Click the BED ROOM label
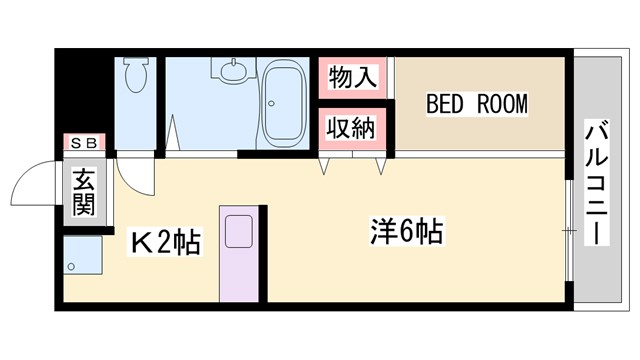click(x=476, y=104)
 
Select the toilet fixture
click(x=136, y=75)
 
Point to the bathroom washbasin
click(x=234, y=71)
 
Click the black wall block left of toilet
click(x=84, y=95)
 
